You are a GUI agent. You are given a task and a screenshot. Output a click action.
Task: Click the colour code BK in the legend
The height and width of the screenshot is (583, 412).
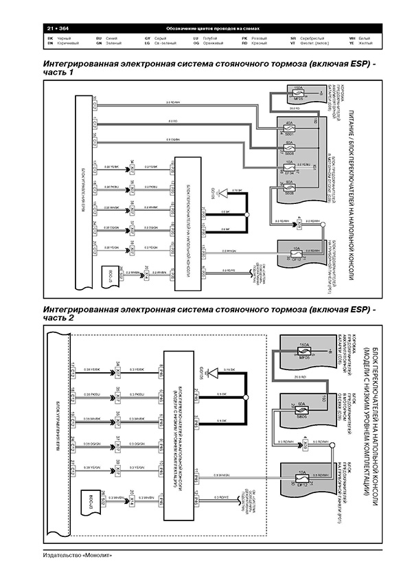click(49, 37)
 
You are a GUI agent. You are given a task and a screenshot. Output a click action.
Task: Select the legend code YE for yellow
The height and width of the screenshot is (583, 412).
click(352, 43)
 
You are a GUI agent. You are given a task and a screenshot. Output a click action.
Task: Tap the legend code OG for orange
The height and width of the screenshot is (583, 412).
click(196, 43)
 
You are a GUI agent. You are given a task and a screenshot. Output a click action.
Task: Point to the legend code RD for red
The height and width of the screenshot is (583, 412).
click(244, 43)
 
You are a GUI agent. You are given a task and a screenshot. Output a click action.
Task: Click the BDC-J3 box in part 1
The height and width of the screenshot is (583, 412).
click(111, 272)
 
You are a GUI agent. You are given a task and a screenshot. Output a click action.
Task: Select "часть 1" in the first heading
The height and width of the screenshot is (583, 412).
click(58, 73)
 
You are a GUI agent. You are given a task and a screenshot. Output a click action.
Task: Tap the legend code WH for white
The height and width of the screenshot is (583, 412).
click(352, 37)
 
